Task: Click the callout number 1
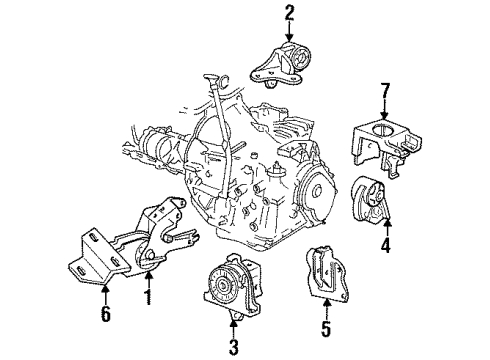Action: (x=147, y=298)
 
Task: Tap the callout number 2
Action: (x=290, y=13)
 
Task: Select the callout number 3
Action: (x=232, y=347)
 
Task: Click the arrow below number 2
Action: (x=290, y=32)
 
